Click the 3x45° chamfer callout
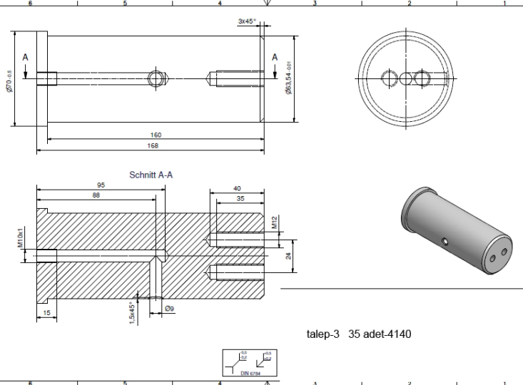[x=248, y=22]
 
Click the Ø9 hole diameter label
[x=170, y=309]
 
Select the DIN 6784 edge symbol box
[x=247, y=363]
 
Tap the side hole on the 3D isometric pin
[x=444, y=242]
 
